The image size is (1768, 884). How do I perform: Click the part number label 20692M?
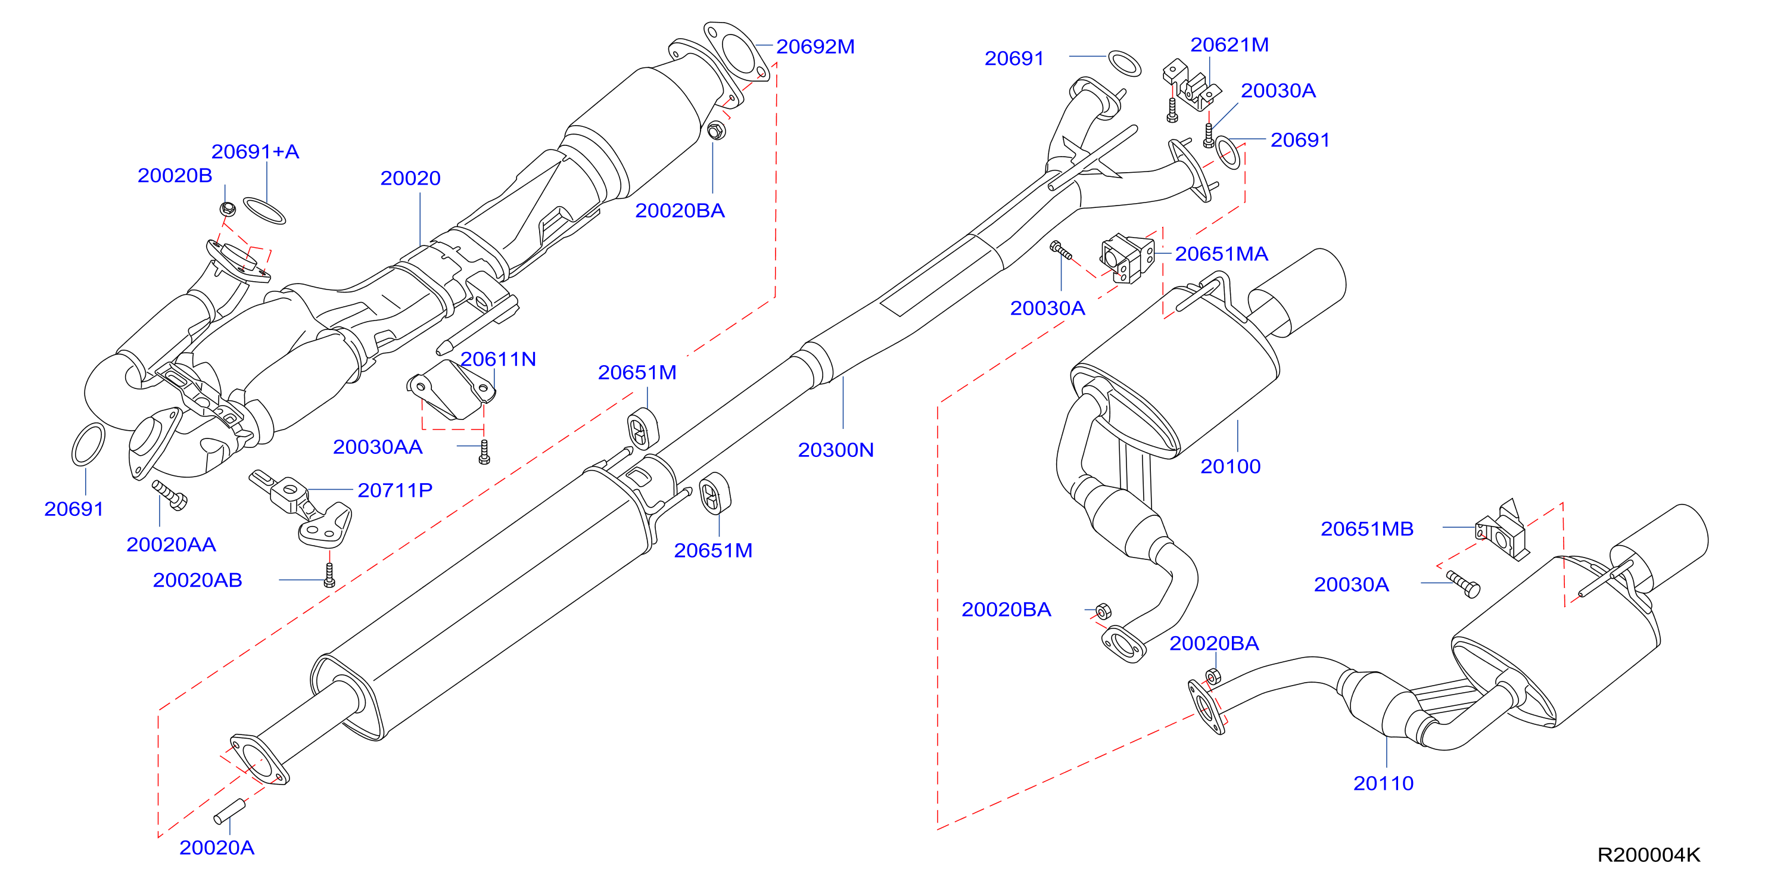(x=815, y=46)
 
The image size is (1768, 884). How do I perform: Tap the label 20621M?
(x=1229, y=45)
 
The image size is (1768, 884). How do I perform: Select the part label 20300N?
(x=835, y=450)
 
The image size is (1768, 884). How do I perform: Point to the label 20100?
(x=1230, y=466)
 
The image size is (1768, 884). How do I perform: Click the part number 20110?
(x=1383, y=783)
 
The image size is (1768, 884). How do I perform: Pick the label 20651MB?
(x=1367, y=528)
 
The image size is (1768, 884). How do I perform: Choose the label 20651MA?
(x=1221, y=254)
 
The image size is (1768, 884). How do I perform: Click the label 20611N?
(x=497, y=359)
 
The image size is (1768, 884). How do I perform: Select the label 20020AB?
(x=198, y=580)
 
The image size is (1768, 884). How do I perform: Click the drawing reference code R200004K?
(x=1649, y=855)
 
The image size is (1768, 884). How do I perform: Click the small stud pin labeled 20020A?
(x=229, y=811)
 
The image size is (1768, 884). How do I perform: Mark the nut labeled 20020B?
(x=229, y=208)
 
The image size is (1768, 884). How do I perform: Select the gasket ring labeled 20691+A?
(x=265, y=211)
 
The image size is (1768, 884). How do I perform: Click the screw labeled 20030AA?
(x=484, y=452)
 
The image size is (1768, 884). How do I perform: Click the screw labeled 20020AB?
(x=329, y=575)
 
